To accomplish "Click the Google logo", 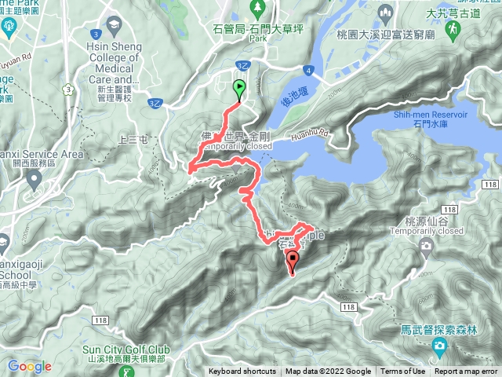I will pos(29,366).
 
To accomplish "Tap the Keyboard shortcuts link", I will pos(242,372).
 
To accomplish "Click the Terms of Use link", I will pos(404,372).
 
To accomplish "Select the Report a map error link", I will pos(466,372).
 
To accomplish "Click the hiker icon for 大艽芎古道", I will pos(453,30).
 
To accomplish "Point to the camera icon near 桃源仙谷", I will pos(426,247).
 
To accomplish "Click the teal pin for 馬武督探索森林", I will pos(439,346).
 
